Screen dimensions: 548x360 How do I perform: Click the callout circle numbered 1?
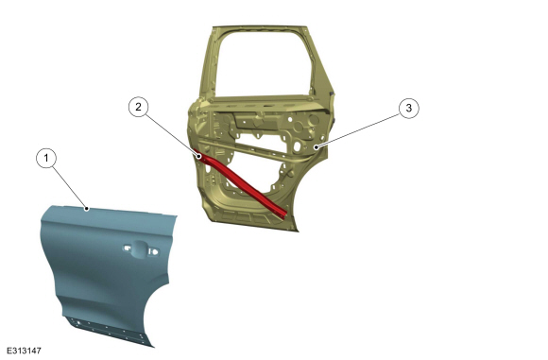[x=46, y=158]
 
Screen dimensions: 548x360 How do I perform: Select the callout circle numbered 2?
[x=138, y=107]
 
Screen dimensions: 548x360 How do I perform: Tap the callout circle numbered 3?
[x=408, y=108]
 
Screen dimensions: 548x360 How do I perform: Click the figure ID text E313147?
[x=24, y=351]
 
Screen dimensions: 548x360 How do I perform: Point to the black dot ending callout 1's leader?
[x=87, y=209]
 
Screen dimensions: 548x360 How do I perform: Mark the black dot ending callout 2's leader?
[x=198, y=156]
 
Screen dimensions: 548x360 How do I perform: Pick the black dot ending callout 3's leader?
[x=317, y=147]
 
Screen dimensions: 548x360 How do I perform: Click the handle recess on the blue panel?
[x=139, y=249]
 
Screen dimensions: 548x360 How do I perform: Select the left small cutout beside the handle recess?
[x=127, y=249]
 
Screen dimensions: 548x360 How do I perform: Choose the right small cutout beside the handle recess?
[x=154, y=251]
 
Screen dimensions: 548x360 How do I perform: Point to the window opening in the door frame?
[x=264, y=64]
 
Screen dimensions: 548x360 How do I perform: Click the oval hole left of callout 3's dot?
[x=298, y=146]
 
